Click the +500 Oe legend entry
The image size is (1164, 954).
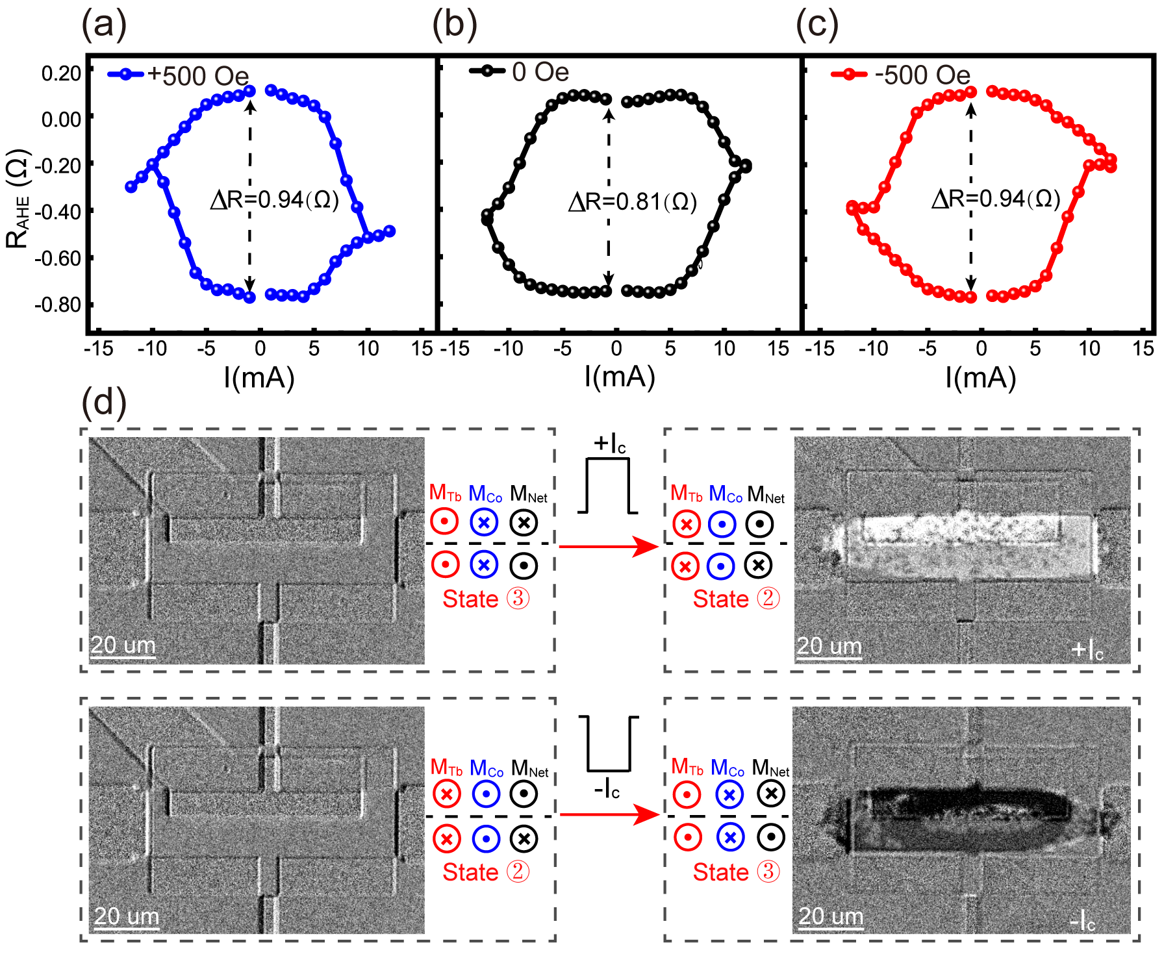pyautogui.click(x=179, y=75)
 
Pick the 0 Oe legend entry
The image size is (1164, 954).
pyautogui.click(x=520, y=71)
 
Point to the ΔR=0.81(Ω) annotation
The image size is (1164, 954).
pyautogui.click(x=633, y=202)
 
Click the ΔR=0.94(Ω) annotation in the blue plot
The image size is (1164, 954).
pyautogui.click(x=275, y=200)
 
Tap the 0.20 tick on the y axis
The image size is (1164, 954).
pyautogui.click(x=61, y=73)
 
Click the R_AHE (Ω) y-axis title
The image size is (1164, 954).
pyautogui.click(x=18, y=200)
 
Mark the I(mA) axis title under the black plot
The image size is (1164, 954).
pyautogui.click(x=619, y=377)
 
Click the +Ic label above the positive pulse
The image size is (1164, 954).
pyautogui.click(x=609, y=444)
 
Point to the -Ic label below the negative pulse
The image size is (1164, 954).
pyautogui.click(x=607, y=790)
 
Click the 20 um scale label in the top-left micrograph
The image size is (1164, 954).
pyautogui.click(x=123, y=646)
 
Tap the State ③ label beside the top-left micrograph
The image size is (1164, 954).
pyautogui.click(x=486, y=599)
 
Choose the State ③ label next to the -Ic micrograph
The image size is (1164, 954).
pyautogui.click(x=737, y=872)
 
